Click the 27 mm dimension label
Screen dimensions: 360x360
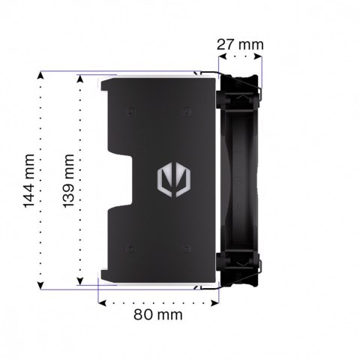pos(240,43)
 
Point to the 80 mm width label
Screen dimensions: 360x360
pos(157,314)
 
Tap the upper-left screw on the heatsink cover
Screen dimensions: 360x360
pos(130,112)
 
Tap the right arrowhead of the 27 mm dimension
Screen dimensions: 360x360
pos(260,55)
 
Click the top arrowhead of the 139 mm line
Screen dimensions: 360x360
pos(80,76)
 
